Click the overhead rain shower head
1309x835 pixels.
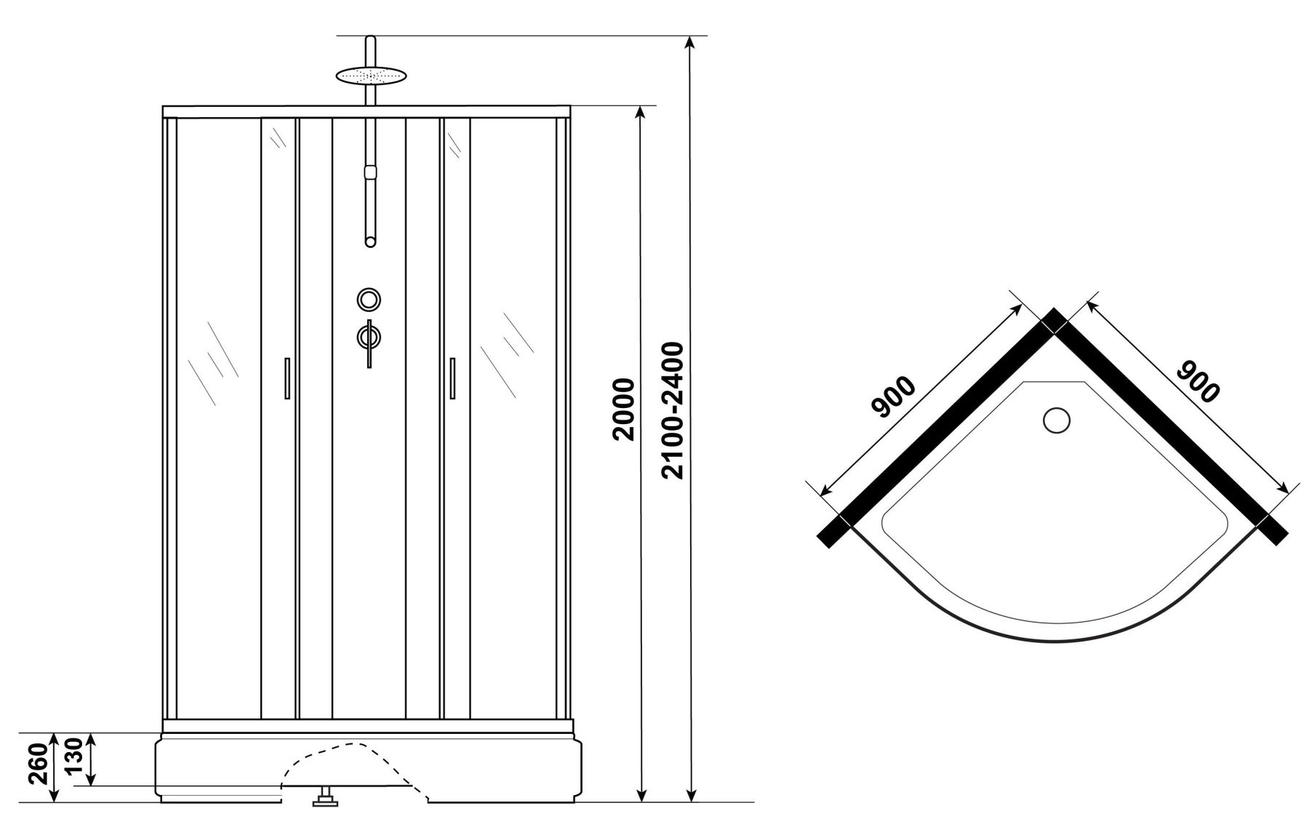pos(370,75)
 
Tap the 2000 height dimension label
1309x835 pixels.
pos(625,409)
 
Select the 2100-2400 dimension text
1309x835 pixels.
pos(673,410)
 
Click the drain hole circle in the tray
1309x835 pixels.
pos(1056,420)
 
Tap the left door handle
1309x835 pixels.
pos(287,377)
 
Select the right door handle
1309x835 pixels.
pos(452,377)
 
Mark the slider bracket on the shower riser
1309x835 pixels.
pos(371,172)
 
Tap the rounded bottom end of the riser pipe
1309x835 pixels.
pos(371,242)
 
